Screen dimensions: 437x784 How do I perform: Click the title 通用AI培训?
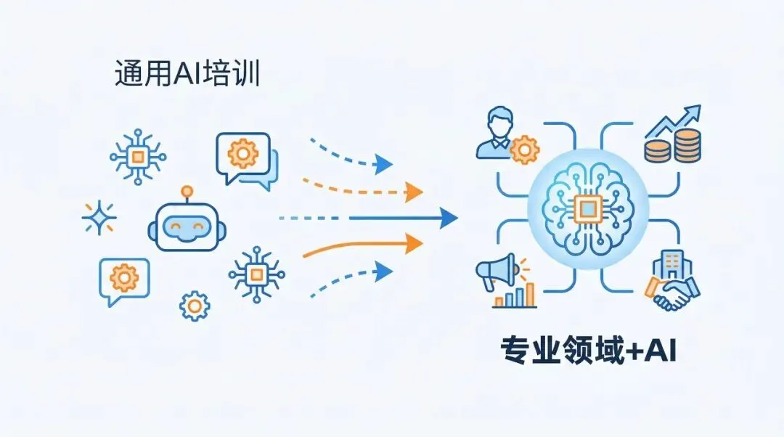click(187, 75)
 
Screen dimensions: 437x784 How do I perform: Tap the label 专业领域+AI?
click(589, 351)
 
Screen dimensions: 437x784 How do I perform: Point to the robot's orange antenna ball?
click(188, 191)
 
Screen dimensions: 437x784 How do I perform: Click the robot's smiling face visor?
click(187, 228)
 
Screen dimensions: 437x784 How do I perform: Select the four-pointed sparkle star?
click(99, 217)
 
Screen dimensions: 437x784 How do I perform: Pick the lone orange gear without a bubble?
click(194, 306)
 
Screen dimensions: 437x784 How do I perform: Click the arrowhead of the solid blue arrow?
click(449, 217)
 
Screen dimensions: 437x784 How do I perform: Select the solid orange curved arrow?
click(363, 247)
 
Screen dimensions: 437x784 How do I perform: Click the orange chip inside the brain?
click(587, 210)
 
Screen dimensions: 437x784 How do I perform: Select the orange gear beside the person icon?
click(524, 150)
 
